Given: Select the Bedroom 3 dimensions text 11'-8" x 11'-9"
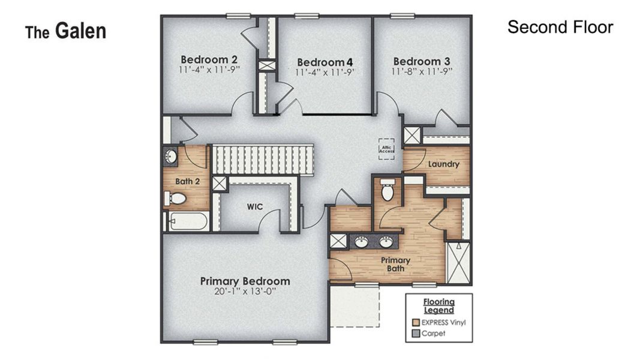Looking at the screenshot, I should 422,71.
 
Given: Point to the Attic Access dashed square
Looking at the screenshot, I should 386,149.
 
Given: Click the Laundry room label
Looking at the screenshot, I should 444,164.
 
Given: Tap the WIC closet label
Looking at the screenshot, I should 255,206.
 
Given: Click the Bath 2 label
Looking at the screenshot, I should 187,181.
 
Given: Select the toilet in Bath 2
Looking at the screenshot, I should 176,198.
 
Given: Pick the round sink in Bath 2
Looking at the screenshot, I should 170,157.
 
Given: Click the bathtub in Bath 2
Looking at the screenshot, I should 187,222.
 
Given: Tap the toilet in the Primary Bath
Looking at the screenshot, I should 387,191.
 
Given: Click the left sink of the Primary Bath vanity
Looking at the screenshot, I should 360,242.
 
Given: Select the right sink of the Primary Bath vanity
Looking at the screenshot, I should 385,242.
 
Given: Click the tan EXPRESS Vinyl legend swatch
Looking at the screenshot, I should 414,322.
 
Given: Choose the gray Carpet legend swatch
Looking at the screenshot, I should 414,334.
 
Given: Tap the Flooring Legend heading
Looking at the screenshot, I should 438,306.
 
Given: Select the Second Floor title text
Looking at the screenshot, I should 560,27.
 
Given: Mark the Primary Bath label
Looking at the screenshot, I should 395,264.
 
